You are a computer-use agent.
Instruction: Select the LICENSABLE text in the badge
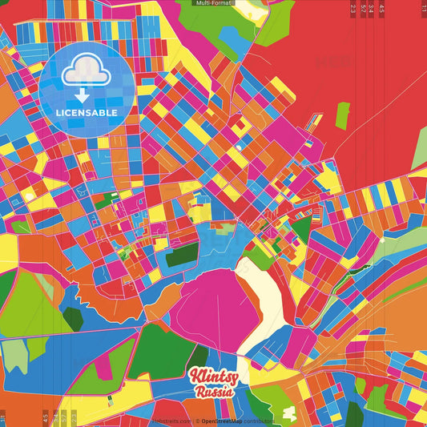[87, 112]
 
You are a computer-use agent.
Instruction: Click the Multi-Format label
[212, 3]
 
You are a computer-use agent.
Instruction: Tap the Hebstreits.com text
[169, 421]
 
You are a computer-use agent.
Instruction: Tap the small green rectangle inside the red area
[342, 115]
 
